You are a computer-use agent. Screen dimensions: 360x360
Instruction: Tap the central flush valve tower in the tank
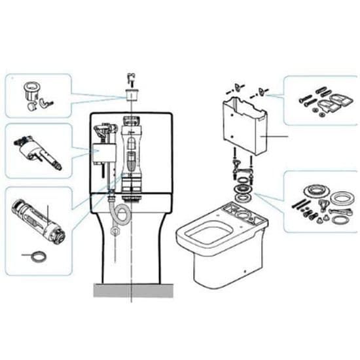(x=131, y=154)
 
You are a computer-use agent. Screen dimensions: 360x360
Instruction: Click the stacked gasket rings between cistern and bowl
(x=244, y=190)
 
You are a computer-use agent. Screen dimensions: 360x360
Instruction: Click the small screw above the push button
(x=131, y=77)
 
